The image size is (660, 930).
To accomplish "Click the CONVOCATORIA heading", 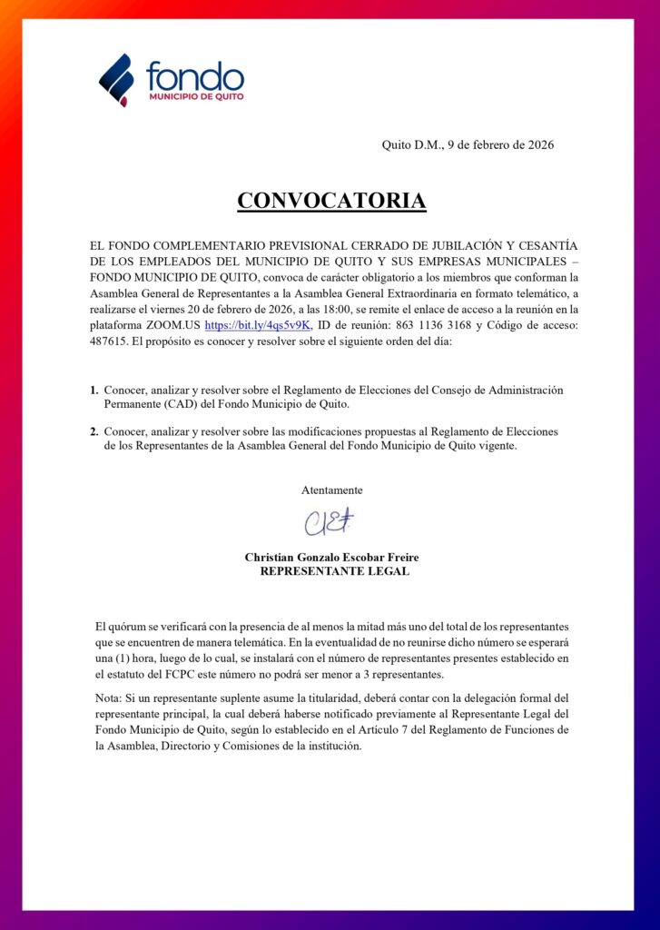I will point(331,201).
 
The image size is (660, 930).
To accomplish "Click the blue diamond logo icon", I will point(116,79).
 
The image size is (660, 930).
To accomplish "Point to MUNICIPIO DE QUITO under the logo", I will point(194,95).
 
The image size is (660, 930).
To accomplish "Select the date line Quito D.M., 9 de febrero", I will point(468,144).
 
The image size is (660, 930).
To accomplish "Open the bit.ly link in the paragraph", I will point(258,324).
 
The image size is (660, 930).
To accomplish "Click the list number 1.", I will point(94,390).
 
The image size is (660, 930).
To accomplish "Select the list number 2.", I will point(94,431).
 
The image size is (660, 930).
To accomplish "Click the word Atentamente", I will point(331,490).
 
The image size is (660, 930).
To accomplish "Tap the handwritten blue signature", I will point(329,522).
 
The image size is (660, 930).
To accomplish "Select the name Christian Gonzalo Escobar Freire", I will point(331,557).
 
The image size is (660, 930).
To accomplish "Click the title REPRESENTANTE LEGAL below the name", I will point(334,571).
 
